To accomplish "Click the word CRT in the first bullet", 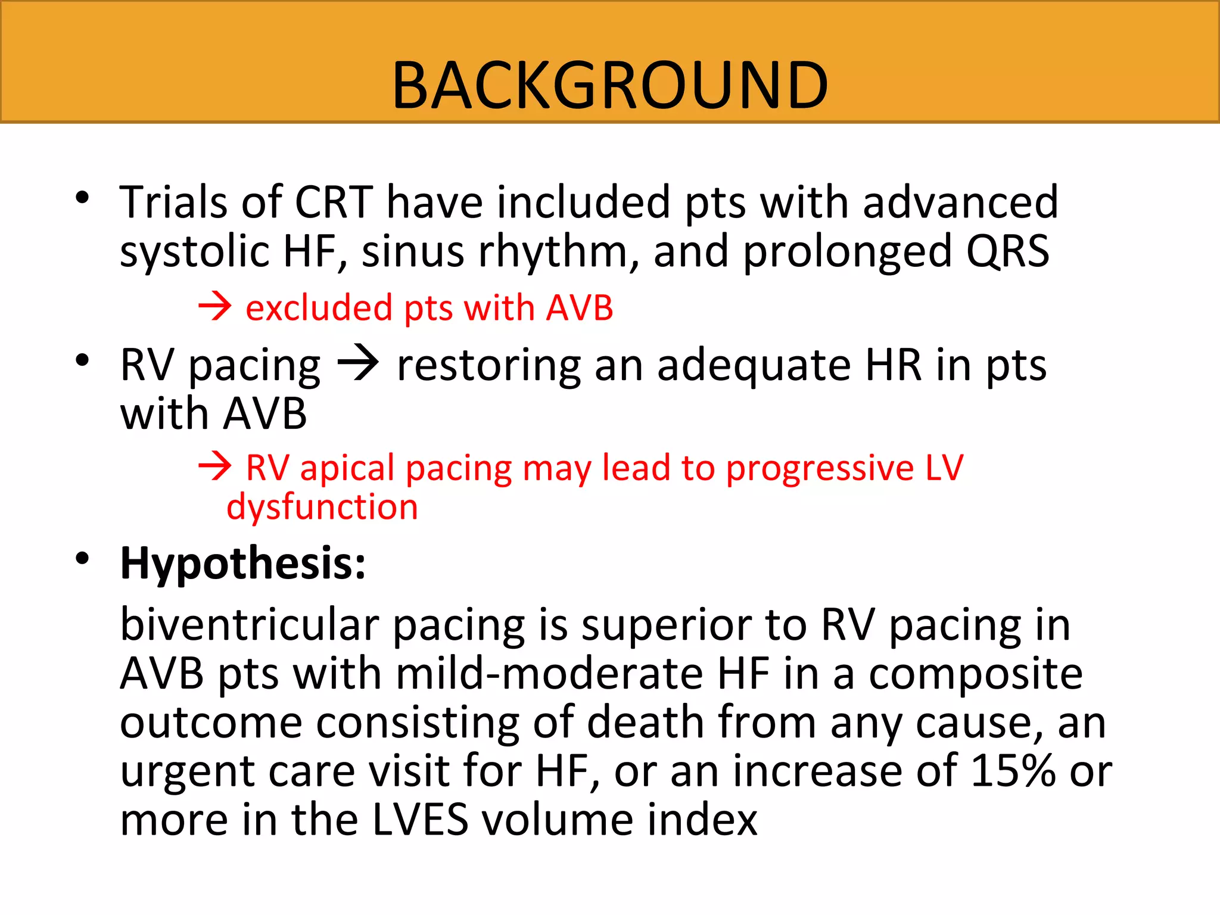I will click(334, 203).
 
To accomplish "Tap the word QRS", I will click(1008, 251).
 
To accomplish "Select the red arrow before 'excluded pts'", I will click(214, 307).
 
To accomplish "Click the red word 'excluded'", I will click(319, 309).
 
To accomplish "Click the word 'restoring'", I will click(488, 365).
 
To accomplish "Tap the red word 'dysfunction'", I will click(322, 508).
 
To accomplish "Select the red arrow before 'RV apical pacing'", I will click(214, 466).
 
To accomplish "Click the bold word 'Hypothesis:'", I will click(243, 564).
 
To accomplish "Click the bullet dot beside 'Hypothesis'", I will click(82, 558).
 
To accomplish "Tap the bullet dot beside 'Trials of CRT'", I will click(82, 197).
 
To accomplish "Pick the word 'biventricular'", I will click(249, 625).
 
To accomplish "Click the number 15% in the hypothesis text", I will click(1013, 771).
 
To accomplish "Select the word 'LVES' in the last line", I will click(420, 820).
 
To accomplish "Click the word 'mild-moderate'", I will click(549, 674).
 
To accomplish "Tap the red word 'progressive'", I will click(819, 468).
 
